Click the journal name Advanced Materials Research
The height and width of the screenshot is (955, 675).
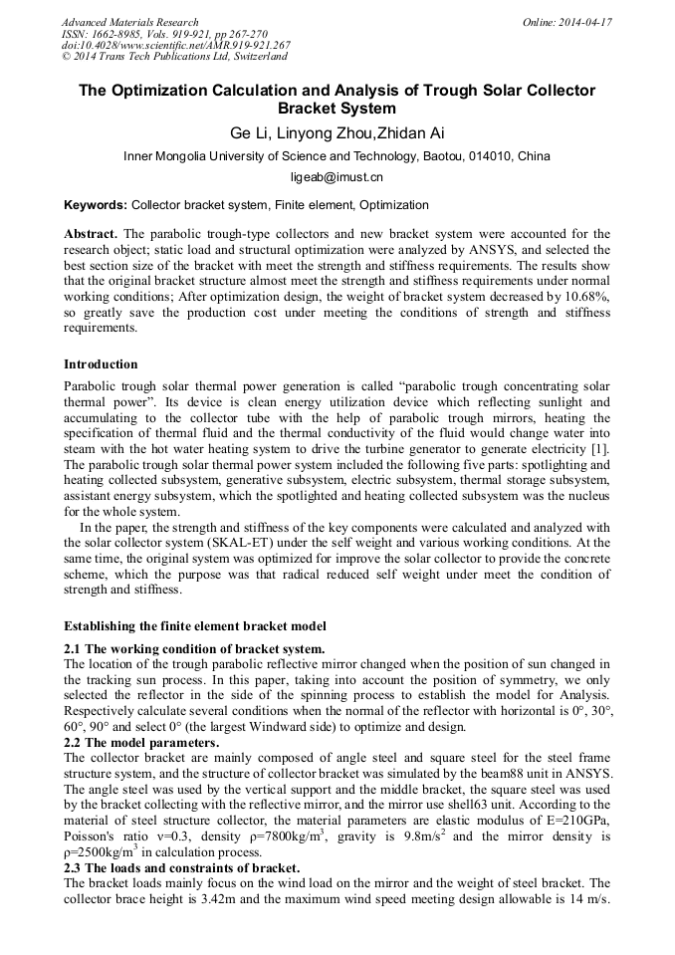(130, 22)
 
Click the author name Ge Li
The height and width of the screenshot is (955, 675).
(251, 133)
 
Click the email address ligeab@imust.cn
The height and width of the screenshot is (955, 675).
(337, 177)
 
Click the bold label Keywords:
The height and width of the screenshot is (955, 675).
(96, 205)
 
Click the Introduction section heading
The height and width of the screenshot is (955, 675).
(101, 364)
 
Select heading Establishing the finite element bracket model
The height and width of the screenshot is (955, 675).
(195, 626)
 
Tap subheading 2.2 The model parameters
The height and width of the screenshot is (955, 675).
(141, 743)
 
